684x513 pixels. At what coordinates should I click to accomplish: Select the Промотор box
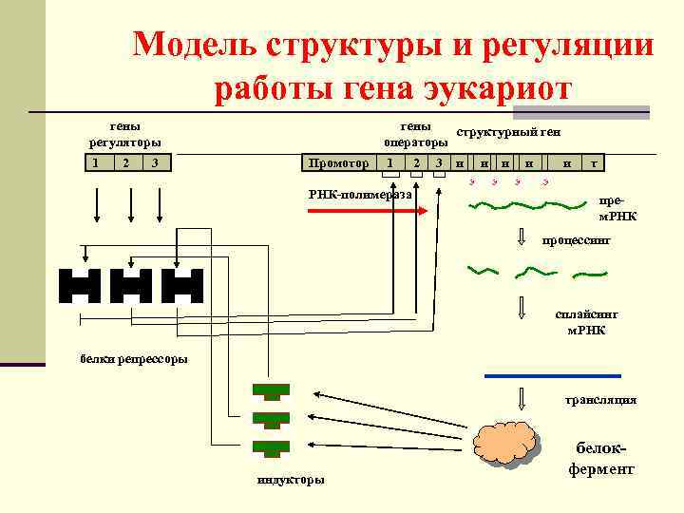[x=339, y=163]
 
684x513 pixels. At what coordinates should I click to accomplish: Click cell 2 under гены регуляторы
[x=125, y=163]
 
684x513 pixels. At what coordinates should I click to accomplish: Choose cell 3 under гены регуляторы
[x=155, y=163]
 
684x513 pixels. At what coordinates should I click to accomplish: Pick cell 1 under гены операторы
[x=391, y=163]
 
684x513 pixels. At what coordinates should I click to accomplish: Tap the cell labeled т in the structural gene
[x=595, y=163]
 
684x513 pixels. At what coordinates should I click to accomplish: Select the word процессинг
[x=576, y=241]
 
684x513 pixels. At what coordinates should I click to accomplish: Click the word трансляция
[x=600, y=400]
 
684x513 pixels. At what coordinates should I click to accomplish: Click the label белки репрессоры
[x=133, y=358]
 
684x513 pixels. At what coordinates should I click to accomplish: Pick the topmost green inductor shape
[x=271, y=390]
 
